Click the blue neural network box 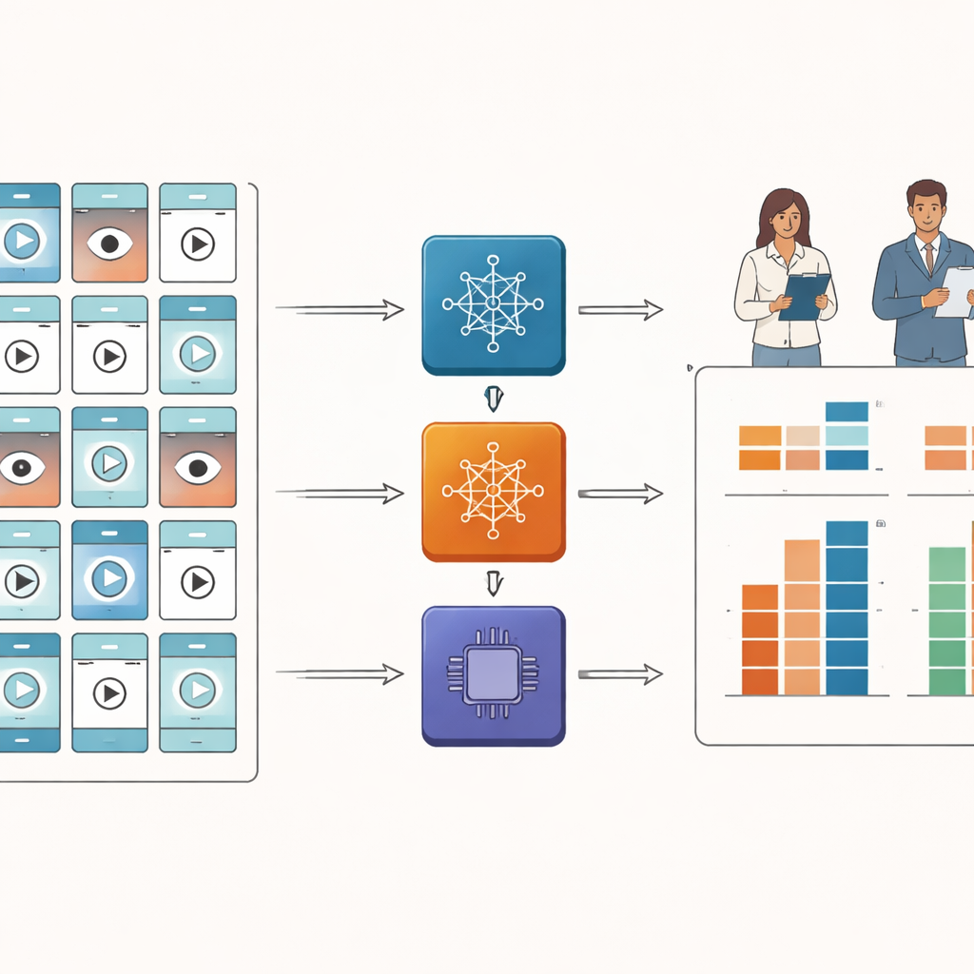(493, 304)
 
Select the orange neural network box (493, 491)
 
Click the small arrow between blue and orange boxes (493, 399)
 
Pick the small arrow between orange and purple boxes (493, 583)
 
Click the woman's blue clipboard (804, 296)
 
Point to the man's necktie (928, 259)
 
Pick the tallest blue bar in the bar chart (847, 608)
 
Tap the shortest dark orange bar (760, 639)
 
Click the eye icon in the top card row (109, 243)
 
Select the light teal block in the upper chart (847, 436)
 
